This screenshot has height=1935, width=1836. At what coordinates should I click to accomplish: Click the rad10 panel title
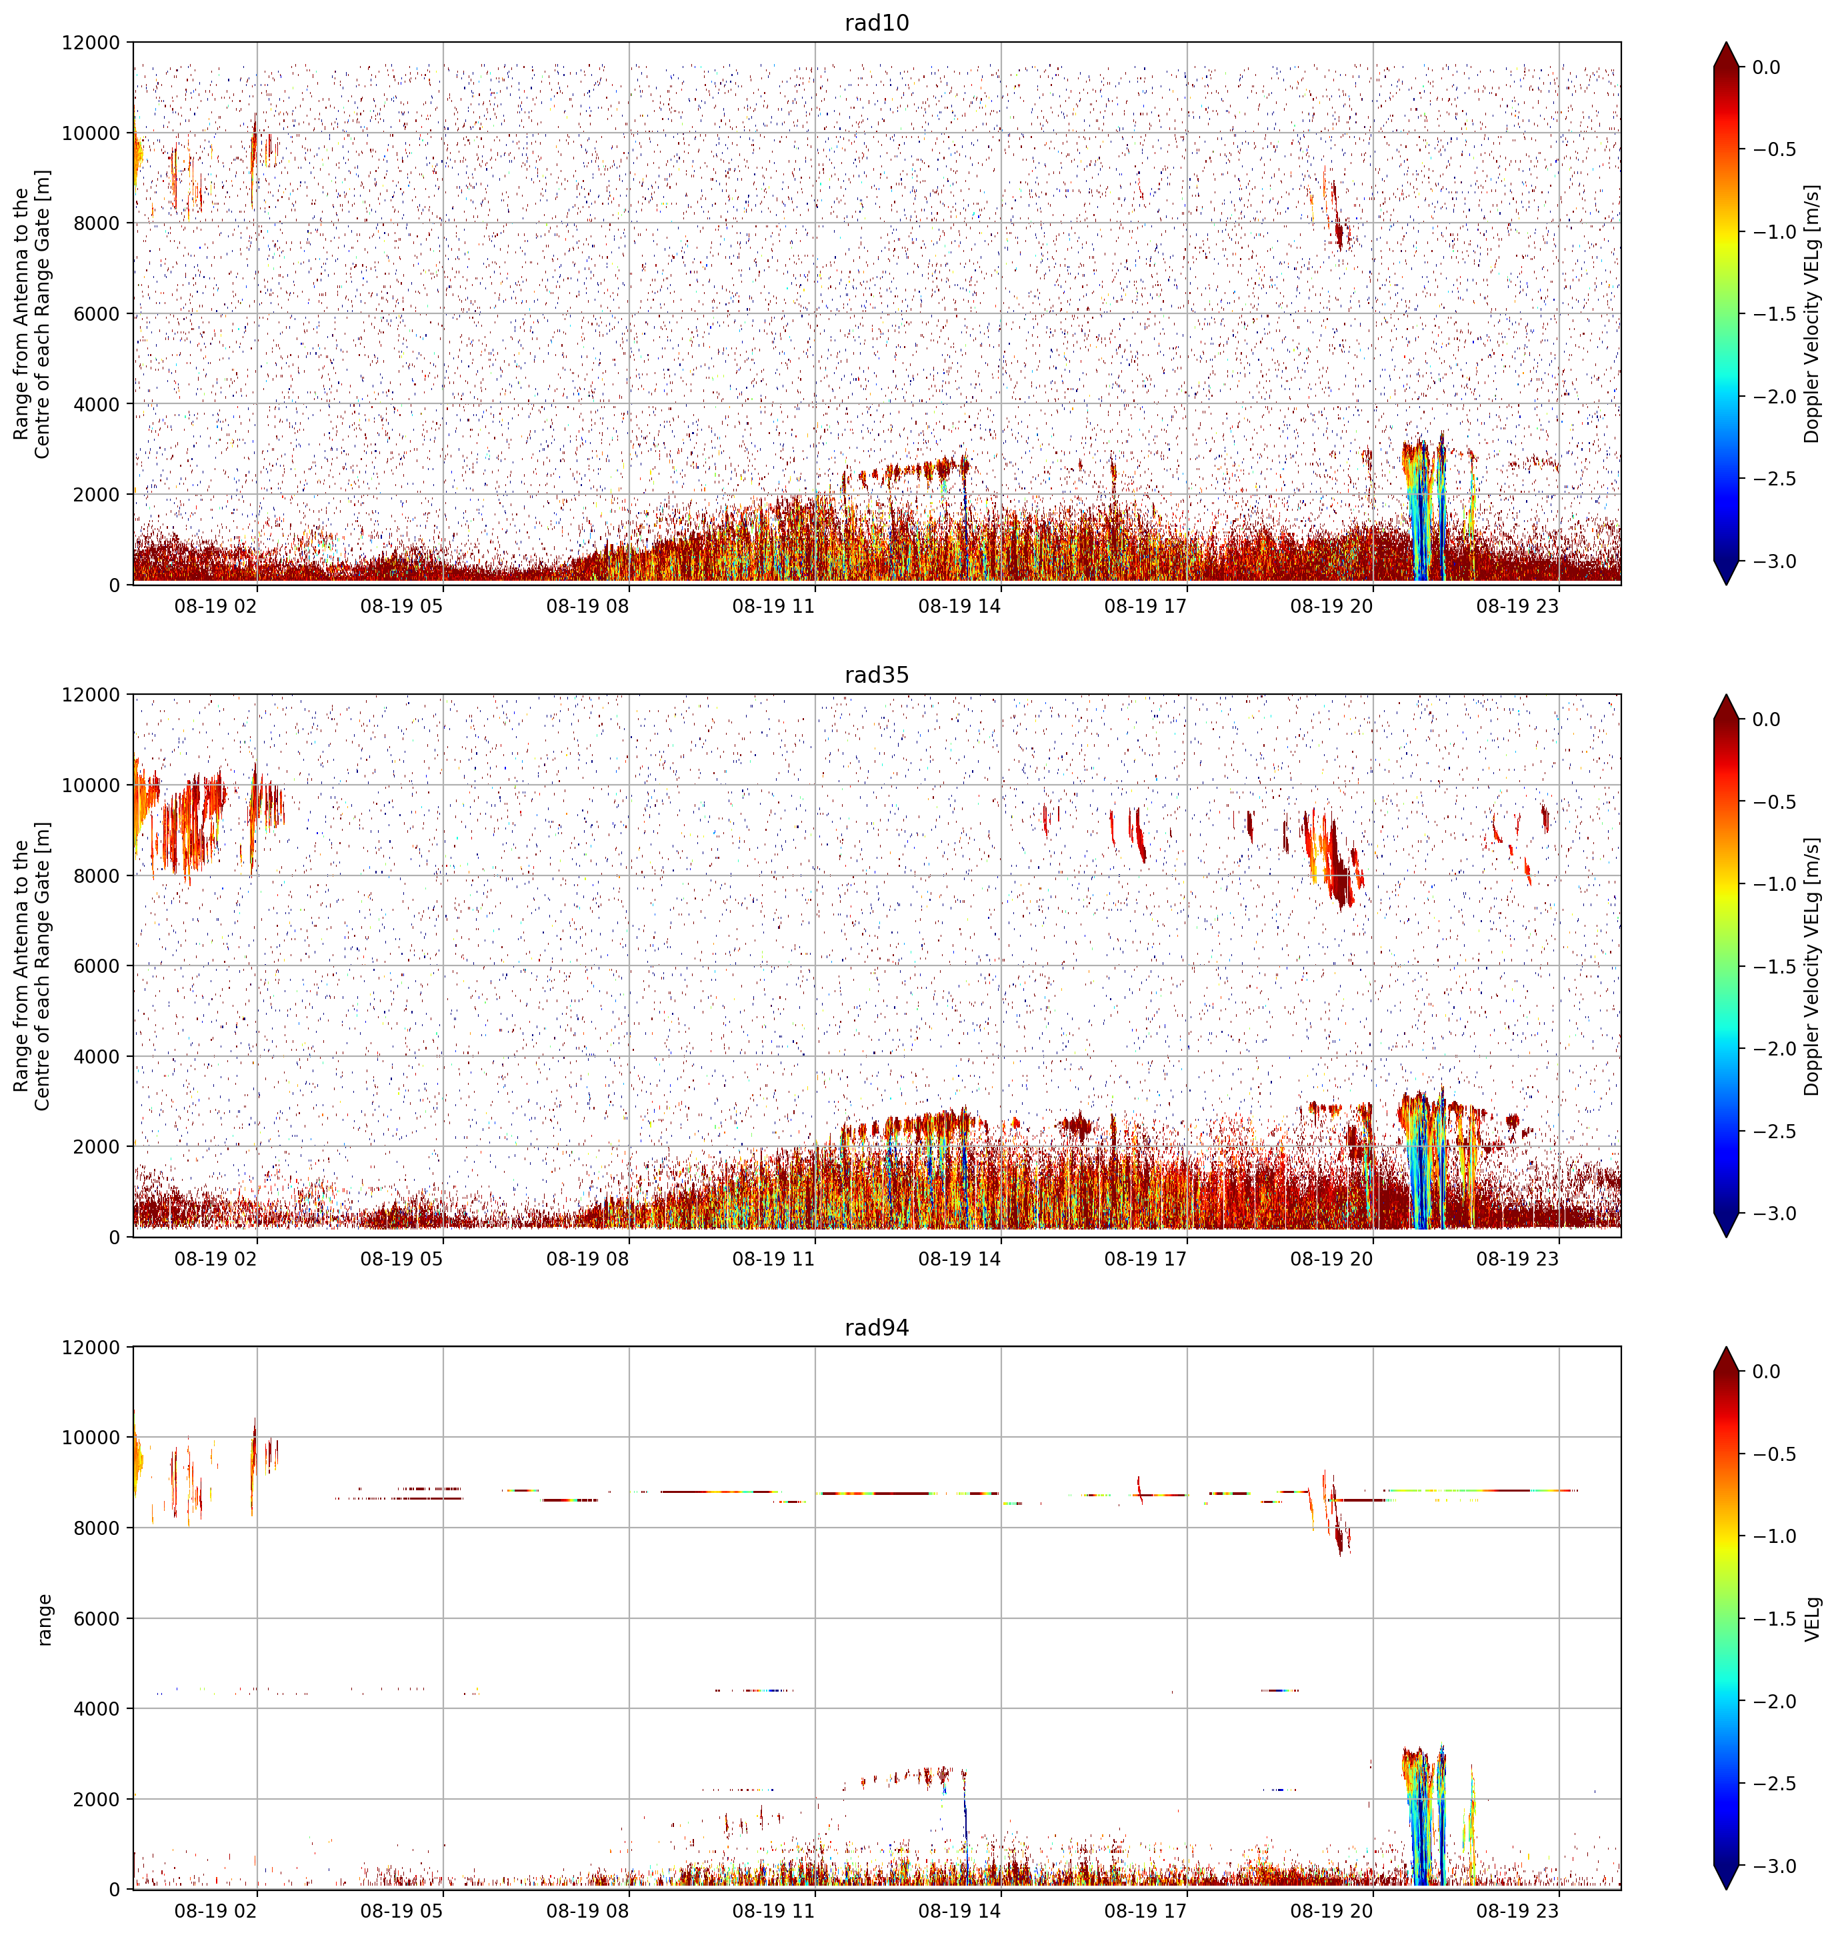pos(876,23)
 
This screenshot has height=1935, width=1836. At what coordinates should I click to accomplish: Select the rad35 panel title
pos(876,674)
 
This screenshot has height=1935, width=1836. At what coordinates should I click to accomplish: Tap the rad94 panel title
pos(876,1327)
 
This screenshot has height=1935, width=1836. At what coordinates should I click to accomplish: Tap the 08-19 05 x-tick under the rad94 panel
pos(401,1910)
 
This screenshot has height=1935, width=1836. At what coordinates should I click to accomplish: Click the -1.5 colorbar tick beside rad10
pos(1773,314)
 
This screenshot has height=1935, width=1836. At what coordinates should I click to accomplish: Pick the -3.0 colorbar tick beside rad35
pos(1773,1214)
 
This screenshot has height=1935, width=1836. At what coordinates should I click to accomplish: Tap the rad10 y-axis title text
pos(32,314)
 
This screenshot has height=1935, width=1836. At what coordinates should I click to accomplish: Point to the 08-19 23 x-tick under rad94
pos(1517,1910)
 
